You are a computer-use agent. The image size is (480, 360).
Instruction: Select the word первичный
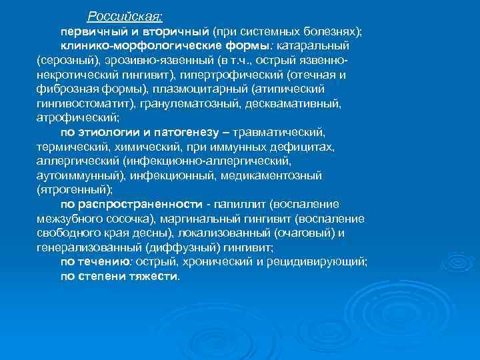(x=89, y=31)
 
